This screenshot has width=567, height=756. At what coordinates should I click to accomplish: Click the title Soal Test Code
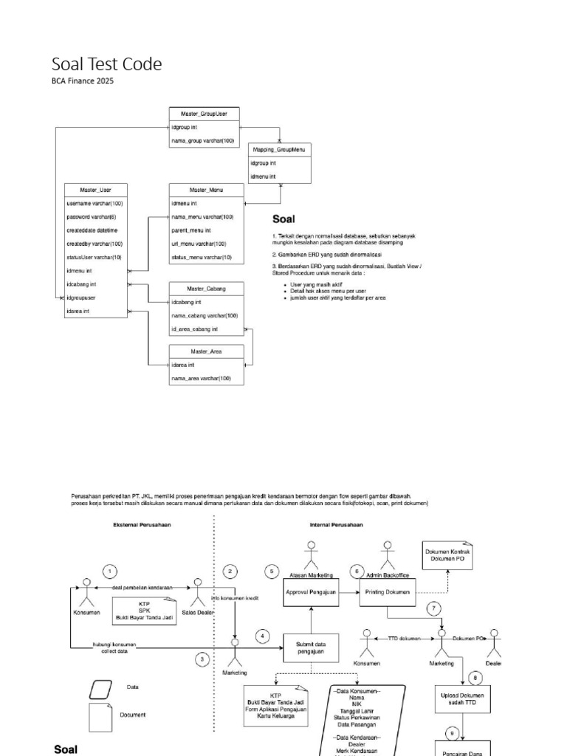pos(106,65)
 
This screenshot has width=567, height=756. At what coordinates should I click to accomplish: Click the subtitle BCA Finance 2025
pos(83,81)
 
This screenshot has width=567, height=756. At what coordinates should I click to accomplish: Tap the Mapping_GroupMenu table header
pos(279,149)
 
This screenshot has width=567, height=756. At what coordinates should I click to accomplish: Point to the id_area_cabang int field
pos(194,329)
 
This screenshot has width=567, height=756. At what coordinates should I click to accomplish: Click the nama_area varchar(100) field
pos(201,378)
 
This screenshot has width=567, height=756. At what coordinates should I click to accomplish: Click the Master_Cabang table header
pos(206,288)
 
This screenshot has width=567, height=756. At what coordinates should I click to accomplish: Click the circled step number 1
pos(109,571)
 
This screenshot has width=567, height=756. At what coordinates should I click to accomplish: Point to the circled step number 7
pos(435,608)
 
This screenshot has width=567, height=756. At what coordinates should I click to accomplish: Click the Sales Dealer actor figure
pos(197,588)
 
